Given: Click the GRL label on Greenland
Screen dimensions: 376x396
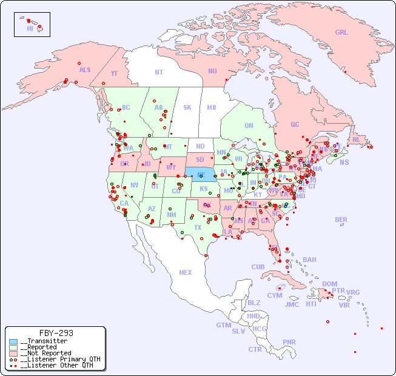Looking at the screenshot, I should (341, 33).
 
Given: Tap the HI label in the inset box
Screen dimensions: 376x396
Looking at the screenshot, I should (30, 29).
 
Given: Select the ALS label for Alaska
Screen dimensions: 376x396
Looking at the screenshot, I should (85, 70).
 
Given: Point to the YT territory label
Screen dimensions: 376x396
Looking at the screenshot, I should (114, 73).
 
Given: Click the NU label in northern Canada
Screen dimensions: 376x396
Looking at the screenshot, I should (212, 71).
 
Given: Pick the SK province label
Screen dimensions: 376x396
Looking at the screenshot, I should (187, 107).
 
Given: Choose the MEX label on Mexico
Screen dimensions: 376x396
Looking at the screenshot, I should (186, 272).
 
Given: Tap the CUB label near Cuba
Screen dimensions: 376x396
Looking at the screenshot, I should (258, 267).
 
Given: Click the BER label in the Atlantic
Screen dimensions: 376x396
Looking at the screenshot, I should (341, 220).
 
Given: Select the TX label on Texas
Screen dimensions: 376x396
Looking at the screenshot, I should (198, 227).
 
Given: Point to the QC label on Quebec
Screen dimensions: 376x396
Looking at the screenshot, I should (295, 124).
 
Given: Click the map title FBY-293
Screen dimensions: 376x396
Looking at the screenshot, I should (56, 333).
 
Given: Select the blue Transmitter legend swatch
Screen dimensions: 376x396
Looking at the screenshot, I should (13, 341).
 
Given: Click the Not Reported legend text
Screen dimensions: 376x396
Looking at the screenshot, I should (45, 353).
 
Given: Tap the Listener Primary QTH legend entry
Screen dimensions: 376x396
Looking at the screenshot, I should (58, 359).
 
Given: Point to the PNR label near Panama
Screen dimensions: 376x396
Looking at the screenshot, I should (289, 342).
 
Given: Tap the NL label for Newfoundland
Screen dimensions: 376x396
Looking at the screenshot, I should (356, 139).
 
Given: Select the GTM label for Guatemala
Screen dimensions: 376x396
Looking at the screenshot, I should (223, 325).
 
